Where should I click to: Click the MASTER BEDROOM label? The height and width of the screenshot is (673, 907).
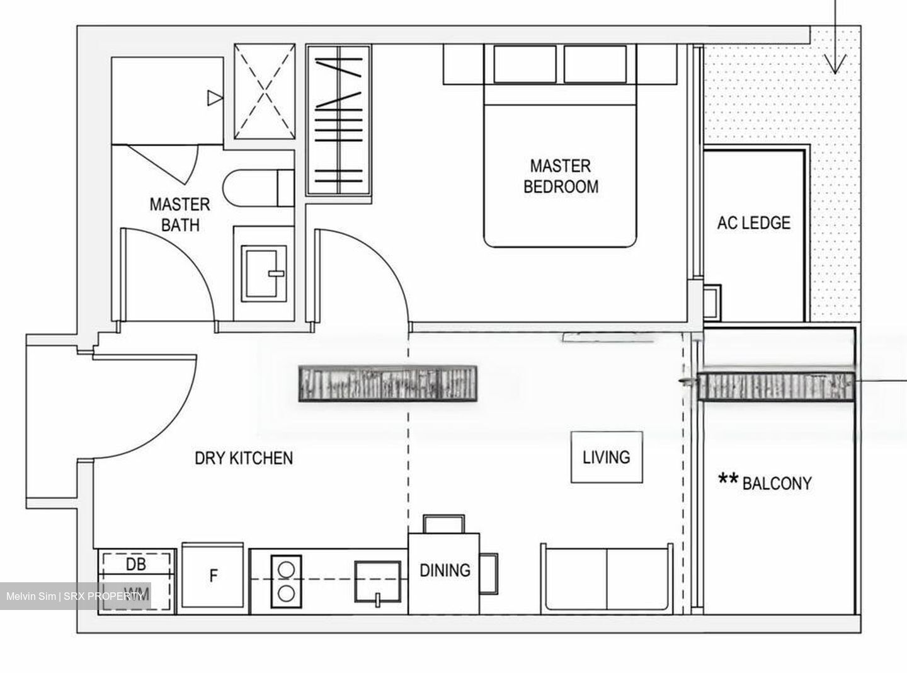560,176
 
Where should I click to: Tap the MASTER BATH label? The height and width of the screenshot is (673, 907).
180,214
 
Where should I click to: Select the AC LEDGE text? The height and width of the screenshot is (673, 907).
753,222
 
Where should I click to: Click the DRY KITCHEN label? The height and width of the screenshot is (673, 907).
243,457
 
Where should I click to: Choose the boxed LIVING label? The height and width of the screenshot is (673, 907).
606,457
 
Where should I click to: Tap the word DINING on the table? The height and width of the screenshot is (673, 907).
445,570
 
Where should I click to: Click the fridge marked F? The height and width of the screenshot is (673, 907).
213,576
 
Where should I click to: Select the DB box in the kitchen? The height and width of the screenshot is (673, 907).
136,564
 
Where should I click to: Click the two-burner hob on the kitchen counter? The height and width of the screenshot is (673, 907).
286,581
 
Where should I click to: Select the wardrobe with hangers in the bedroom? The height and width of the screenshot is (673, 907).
338,120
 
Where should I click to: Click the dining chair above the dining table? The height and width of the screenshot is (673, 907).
444,524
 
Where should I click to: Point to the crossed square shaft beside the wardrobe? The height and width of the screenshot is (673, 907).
265,91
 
